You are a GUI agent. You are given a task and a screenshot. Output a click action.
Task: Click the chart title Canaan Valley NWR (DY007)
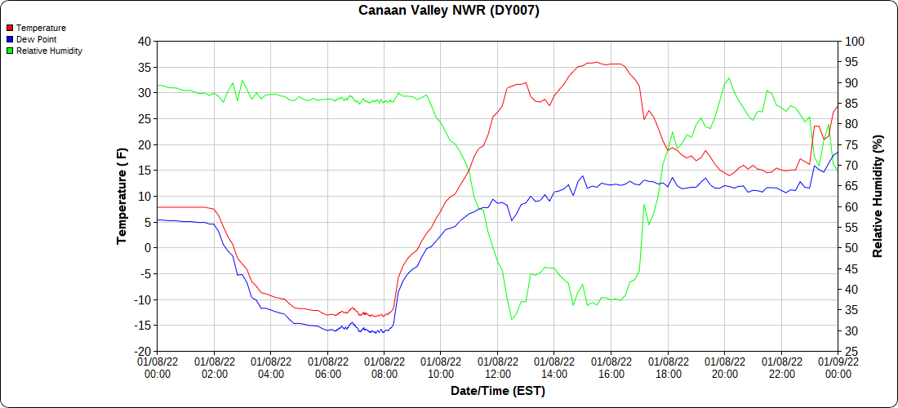coord(449,11)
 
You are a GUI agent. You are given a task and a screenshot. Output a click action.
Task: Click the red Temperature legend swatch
coord(10,28)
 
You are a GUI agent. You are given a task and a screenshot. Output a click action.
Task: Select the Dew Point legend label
coord(36,39)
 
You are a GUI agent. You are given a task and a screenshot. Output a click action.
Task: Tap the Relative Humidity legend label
coord(49,51)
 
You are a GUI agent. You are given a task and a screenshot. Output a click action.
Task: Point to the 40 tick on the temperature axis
coord(144,41)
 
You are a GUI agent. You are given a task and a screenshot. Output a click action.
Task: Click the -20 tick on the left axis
coord(143,352)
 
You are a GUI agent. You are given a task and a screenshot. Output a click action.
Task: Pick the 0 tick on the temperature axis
coord(148,248)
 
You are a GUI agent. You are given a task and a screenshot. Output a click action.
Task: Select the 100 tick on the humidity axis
coord(854,41)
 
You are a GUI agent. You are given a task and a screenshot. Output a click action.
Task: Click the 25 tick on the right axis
coord(851,352)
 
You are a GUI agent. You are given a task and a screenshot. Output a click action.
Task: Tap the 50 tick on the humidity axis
coord(851,248)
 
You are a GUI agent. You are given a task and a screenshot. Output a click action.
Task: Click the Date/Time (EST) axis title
coord(497,391)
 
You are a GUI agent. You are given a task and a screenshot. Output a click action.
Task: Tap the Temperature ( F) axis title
coord(122,196)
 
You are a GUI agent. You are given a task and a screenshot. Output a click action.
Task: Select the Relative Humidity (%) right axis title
coord(878,196)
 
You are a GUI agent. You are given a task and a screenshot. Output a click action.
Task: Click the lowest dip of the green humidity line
coord(512,319)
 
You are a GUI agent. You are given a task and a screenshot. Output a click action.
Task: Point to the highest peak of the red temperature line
coord(597,62)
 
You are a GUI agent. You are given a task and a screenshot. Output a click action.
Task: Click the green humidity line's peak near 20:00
coord(729,78)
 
